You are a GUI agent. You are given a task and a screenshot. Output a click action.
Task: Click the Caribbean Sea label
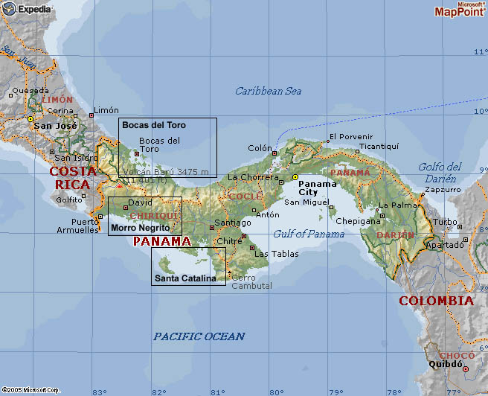[268, 91]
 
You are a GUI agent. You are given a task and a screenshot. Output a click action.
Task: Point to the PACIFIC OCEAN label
[199, 336]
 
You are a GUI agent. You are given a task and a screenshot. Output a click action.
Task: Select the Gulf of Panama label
[309, 234]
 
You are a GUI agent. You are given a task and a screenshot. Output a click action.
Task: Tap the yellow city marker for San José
[30, 118]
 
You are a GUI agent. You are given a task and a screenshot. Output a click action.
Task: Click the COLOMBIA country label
[436, 301]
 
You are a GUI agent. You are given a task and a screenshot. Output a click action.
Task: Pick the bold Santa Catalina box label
[185, 278]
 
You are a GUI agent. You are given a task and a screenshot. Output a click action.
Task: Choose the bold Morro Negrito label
[140, 228]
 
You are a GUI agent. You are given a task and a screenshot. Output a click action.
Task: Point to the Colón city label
[260, 148]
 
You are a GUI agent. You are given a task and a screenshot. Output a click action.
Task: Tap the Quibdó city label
[444, 365]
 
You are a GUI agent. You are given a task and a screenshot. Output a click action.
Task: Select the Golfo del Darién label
[440, 172]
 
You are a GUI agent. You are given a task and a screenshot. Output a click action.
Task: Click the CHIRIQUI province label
[154, 216]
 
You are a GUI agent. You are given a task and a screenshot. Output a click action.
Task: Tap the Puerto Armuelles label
[77, 226]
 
